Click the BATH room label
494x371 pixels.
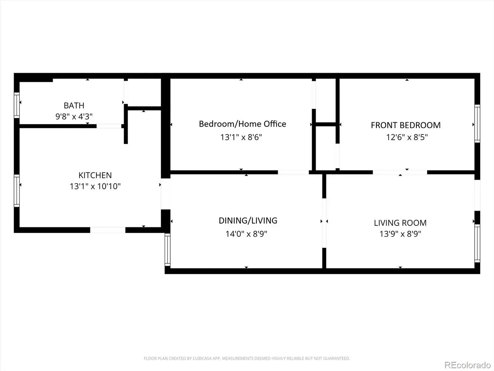click(x=74, y=105)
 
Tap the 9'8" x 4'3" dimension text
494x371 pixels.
click(x=74, y=117)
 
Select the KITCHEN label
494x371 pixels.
click(x=95, y=175)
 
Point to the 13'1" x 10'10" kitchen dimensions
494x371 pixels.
click(x=95, y=186)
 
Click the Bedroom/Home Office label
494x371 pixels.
click(x=242, y=124)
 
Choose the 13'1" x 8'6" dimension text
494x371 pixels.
click(x=241, y=137)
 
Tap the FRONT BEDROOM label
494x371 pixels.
click(x=406, y=125)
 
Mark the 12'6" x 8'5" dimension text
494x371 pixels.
click(x=407, y=137)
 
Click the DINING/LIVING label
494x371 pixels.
click(x=248, y=220)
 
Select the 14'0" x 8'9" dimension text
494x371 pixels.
click(x=246, y=234)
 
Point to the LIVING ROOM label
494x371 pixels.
click(x=400, y=223)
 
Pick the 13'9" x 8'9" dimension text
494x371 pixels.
click(x=400, y=234)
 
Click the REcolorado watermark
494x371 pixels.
click(x=467, y=365)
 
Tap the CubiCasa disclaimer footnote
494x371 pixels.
click(x=247, y=358)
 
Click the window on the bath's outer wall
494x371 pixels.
click(x=17, y=105)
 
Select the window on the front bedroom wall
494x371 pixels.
click(x=477, y=124)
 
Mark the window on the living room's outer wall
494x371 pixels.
click(x=477, y=243)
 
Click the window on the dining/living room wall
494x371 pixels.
click(x=167, y=249)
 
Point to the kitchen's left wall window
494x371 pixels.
click(x=17, y=190)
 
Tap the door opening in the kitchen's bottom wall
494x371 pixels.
click(x=108, y=230)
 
